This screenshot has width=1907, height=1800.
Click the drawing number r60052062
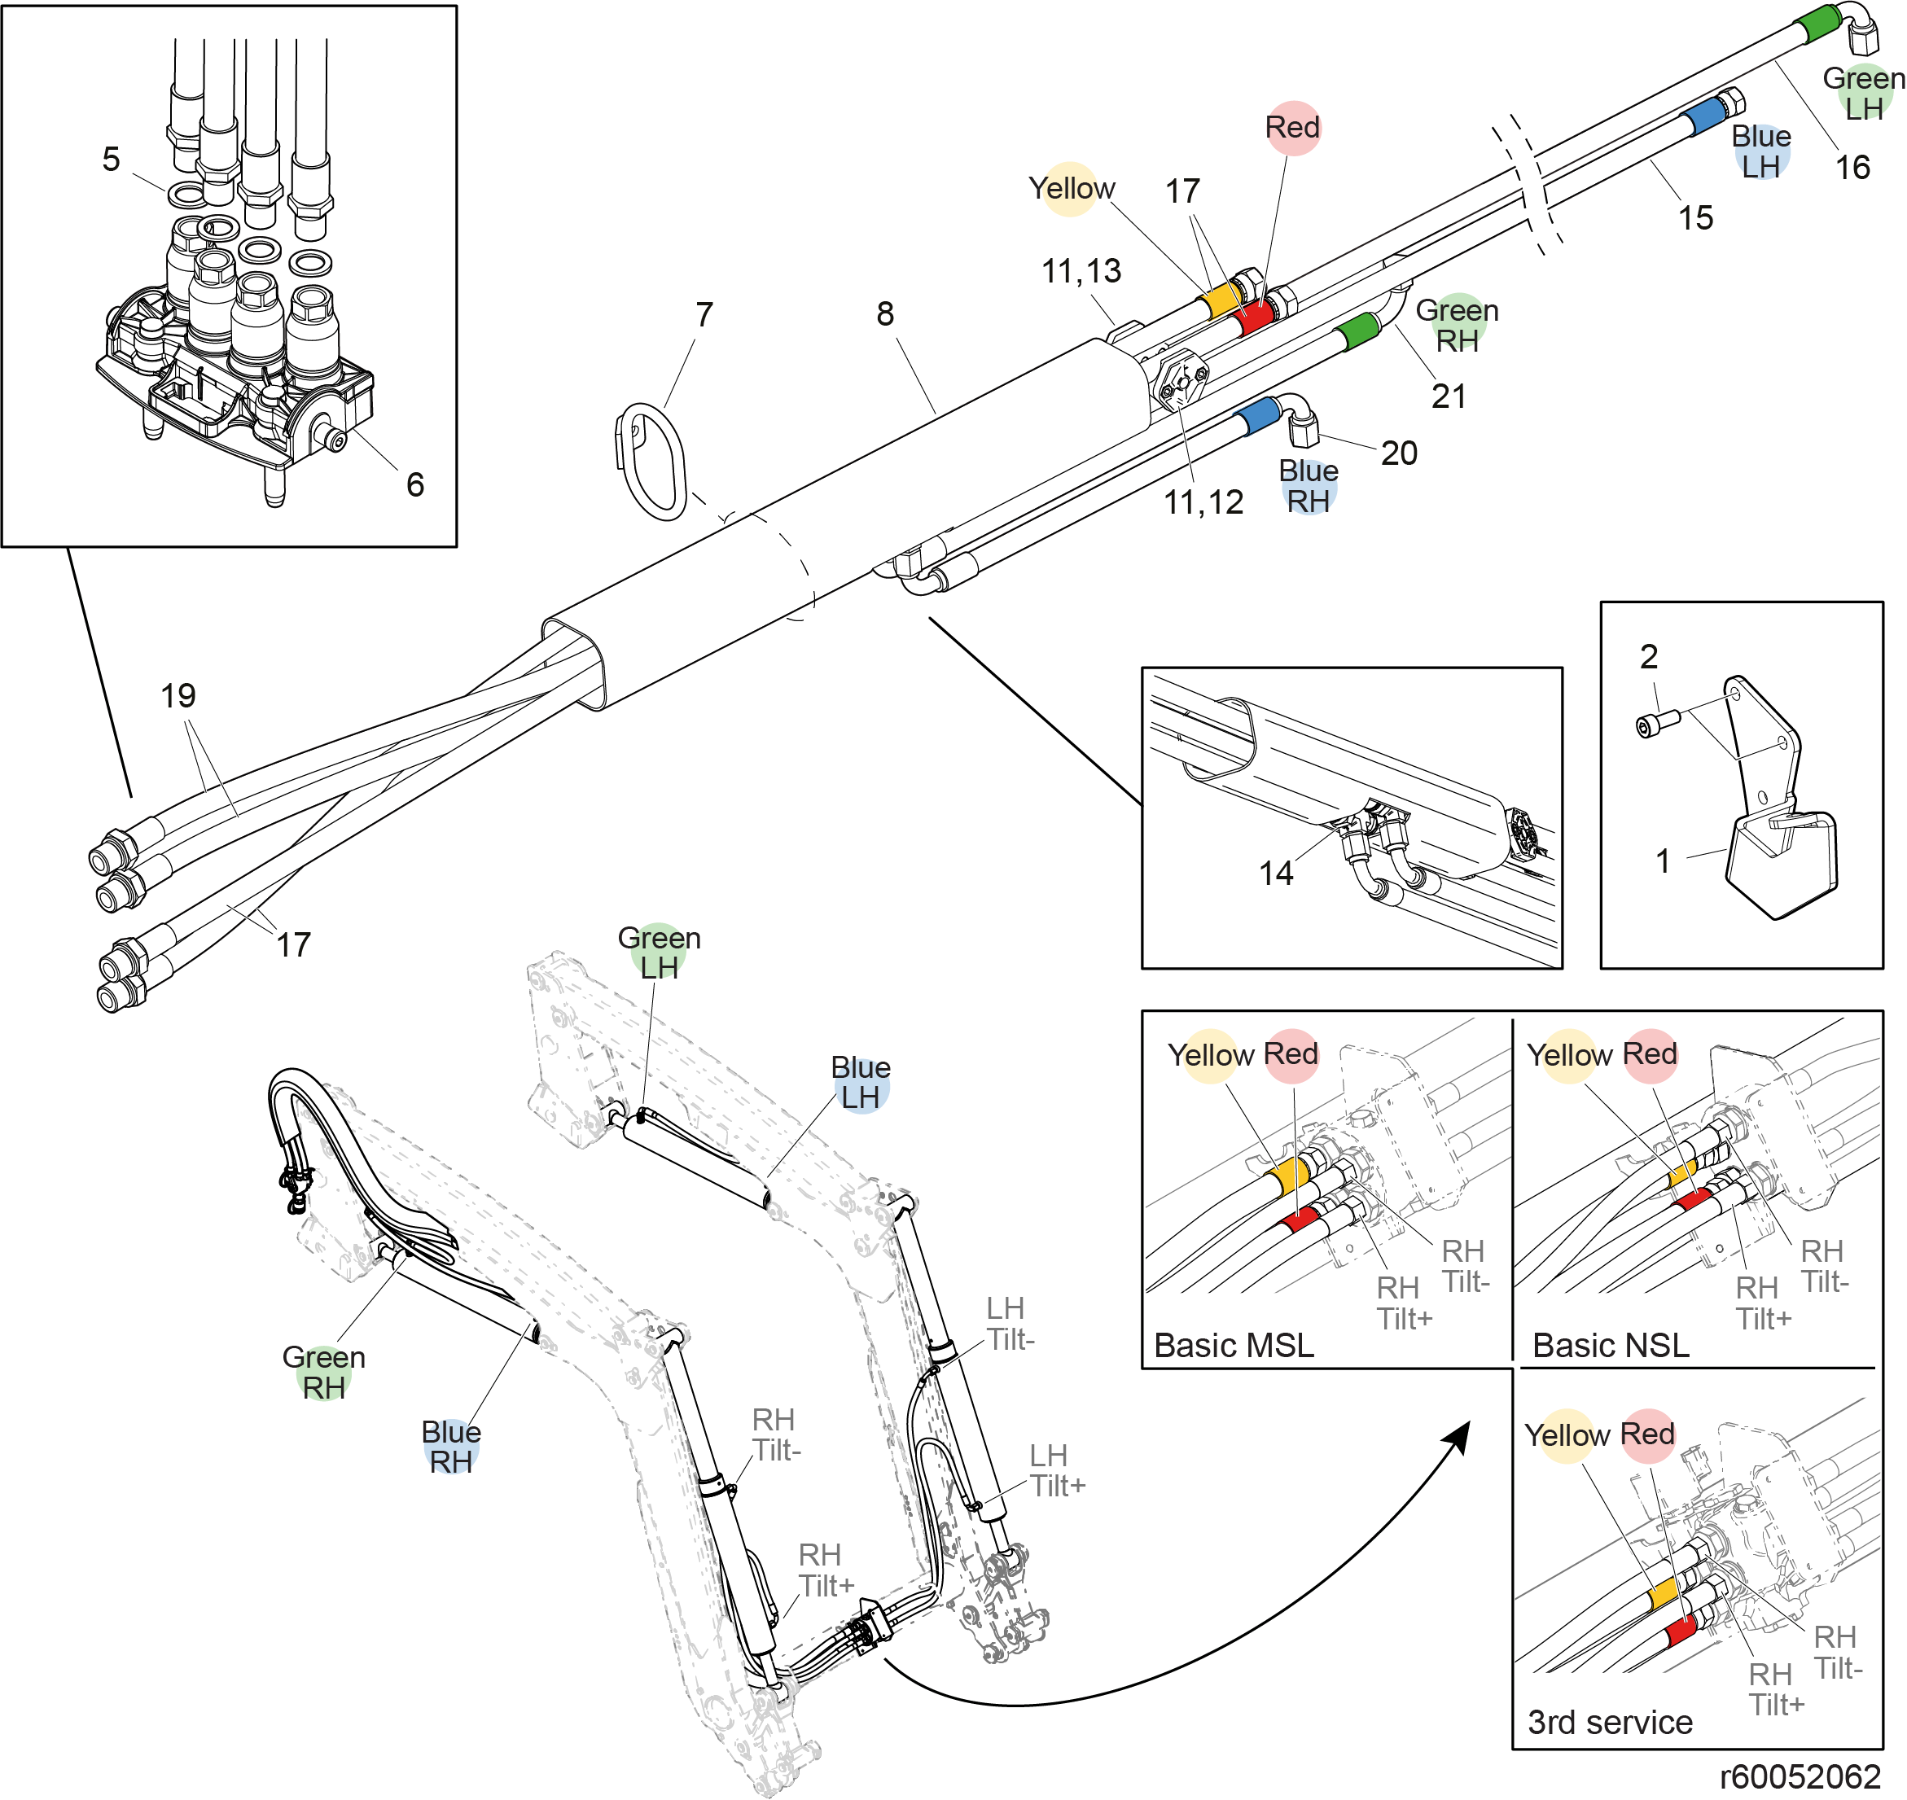coord(1800,1778)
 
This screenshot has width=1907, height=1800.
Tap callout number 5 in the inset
coord(112,160)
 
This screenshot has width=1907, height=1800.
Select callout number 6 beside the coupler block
coord(414,484)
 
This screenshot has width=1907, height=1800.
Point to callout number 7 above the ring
coord(704,315)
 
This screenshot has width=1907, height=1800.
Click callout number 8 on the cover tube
coord(885,313)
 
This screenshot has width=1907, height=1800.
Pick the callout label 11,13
coord(1081,272)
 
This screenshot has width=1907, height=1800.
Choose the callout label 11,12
coord(1203,501)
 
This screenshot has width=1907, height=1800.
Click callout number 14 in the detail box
coord(1277,873)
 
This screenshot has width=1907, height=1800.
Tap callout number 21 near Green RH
coord(1449,396)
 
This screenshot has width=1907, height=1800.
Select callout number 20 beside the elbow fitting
coord(1399,453)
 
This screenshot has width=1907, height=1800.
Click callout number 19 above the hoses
coord(178,695)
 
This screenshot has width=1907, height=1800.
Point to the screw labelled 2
coord(1659,721)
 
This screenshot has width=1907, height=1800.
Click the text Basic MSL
coord(1234,1345)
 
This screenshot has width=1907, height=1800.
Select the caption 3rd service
coord(1610,1723)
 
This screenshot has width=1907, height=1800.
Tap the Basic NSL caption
coord(1611,1345)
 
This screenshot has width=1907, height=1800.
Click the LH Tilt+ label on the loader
coord(1058,1471)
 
